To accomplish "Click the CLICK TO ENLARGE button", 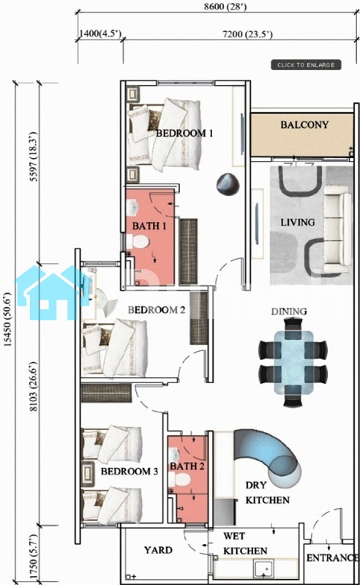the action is (306, 65).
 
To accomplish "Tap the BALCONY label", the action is (304, 124).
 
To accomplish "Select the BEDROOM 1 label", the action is (184, 133).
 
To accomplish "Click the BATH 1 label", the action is (149, 226).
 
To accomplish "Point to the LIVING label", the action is (298, 222).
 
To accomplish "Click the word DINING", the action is (289, 312).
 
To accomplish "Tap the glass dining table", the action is (293, 362).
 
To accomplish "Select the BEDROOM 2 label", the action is (157, 310).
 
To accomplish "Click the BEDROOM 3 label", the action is (130, 471).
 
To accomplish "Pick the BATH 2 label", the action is (187, 467).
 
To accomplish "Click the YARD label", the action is (158, 550).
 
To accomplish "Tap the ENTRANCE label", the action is (332, 558).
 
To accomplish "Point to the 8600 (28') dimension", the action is (225, 7).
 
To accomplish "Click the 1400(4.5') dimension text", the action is (100, 34).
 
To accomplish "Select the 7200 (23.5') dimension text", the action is (247, 34).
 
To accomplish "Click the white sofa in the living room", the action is (337, 230).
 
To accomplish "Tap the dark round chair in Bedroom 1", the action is (228, 184).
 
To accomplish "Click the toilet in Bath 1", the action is (138, 241).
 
